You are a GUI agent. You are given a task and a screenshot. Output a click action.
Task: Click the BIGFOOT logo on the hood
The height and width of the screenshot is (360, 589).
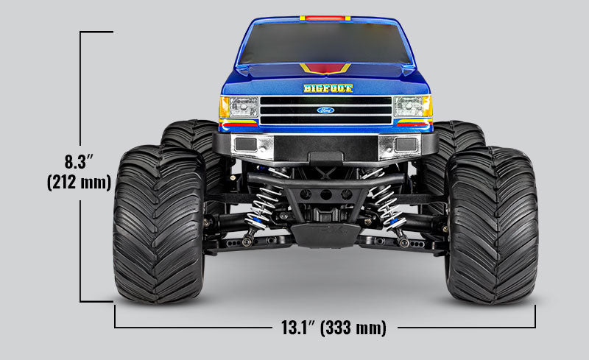328,88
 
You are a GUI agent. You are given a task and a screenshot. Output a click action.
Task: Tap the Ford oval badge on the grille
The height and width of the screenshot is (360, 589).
325,110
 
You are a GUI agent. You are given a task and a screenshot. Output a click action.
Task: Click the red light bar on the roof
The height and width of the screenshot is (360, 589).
325,17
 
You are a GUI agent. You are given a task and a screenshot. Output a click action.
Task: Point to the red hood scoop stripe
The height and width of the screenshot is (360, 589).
325,69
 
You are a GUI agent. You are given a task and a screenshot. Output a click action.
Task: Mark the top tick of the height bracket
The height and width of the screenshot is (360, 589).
96,32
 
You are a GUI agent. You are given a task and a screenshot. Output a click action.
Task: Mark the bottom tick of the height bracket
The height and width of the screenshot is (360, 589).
96,301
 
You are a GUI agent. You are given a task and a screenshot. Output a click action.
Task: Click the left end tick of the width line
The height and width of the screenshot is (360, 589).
115,317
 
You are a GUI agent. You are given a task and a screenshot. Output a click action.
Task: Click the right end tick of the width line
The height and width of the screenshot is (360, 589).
535,317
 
